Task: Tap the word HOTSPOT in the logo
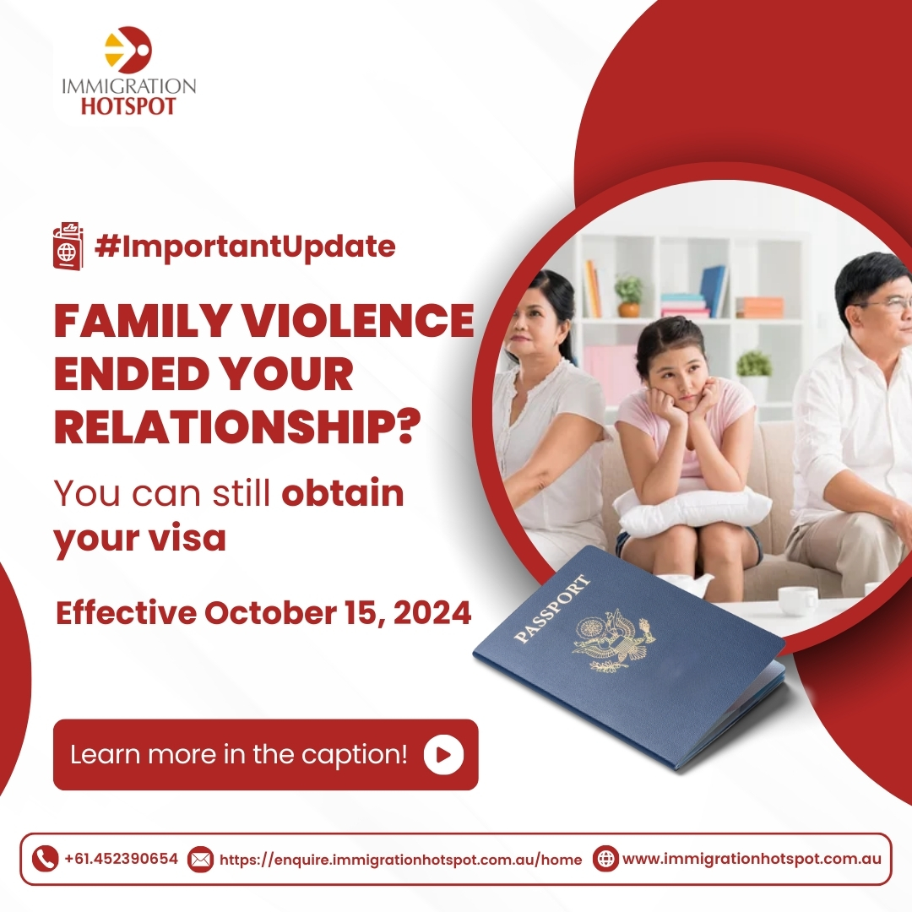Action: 128,106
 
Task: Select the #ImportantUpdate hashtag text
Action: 245,247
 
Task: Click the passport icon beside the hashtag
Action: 68,246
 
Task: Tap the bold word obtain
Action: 343,493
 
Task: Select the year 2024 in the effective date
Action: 432,613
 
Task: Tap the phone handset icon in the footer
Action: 46,859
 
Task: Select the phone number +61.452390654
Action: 121,859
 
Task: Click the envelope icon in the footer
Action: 200,859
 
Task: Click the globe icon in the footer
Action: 605,859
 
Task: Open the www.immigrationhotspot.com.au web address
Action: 752,859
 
